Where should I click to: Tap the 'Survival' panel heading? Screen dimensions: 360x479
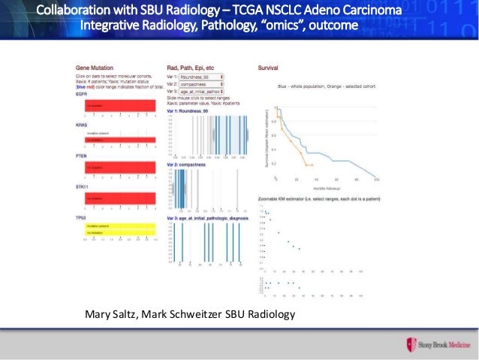(268, 68)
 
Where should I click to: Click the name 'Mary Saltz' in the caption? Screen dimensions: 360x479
(108, 313)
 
